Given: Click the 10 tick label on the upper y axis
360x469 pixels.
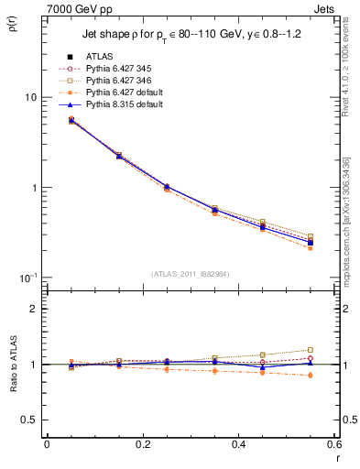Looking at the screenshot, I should tap(30, 98).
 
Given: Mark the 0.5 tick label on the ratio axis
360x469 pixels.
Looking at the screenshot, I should tap(29, 420).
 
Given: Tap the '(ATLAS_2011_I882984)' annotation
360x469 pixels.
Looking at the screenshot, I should tap(191, 273).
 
